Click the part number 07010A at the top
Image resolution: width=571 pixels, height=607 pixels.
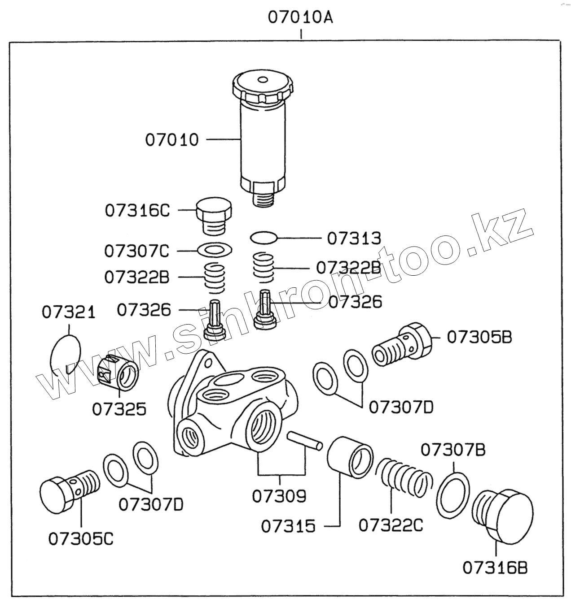(x=300, y=17)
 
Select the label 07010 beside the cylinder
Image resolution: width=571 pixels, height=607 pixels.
(x=171, y=140)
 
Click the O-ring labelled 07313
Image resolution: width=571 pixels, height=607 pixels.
(x=264, y=237)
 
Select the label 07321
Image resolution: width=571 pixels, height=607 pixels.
(x=69, y=312)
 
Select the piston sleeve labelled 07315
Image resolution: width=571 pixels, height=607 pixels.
(x=350, y=458)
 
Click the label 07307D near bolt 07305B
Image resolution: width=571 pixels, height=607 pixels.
(x=401, y=407)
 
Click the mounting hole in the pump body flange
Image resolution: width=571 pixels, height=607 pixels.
(x=206, y=360)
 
